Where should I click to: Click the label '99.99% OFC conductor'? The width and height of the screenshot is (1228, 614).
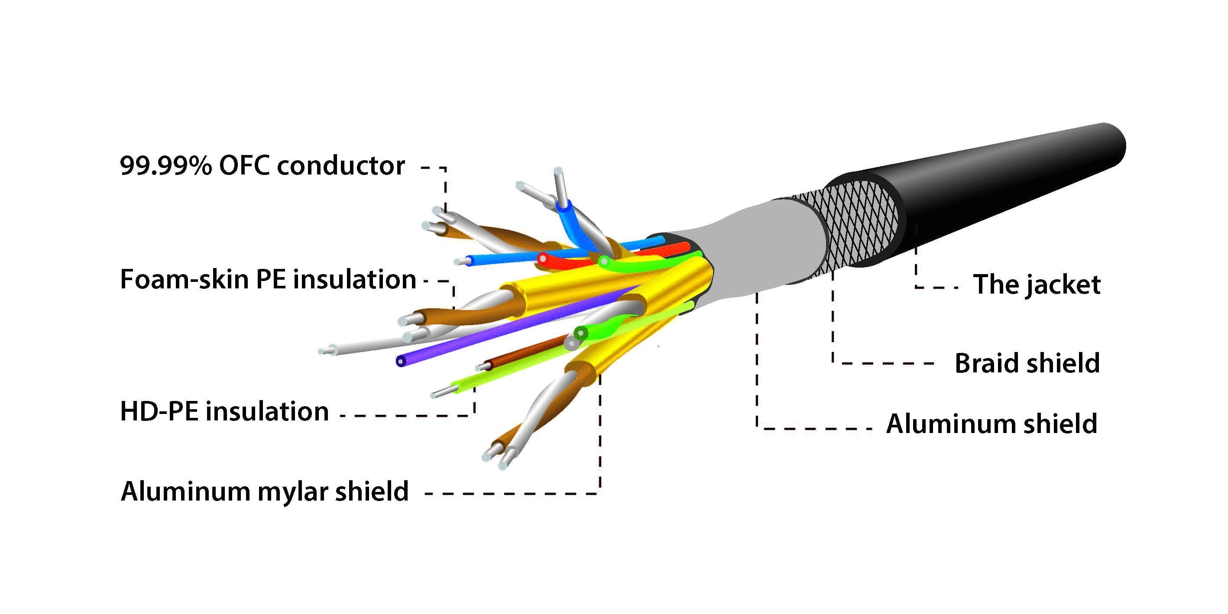pyautogui.click(x=262, y=166)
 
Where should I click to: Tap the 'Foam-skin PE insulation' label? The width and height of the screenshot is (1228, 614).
pyautogui.click(x=268, y=279)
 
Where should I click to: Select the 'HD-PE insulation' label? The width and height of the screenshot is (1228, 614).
pyautogui.click(x=224, y=411)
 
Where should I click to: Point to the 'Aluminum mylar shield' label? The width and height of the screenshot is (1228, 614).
pyautogui.click(x=265, y=491)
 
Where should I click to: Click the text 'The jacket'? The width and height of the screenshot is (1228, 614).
pyautogui.click(x=1037, y=284)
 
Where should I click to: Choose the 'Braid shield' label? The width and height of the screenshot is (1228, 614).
pyautogui.click(x=1027, y=363)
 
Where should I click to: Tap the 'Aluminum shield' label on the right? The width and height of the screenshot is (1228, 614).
pyautogui.click(x=991, y=423)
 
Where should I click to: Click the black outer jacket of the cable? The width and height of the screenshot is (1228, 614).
pyautogui.click(x=1001, y=191)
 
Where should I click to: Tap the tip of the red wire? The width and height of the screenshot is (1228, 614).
pyautogui.click(x=542, y=259)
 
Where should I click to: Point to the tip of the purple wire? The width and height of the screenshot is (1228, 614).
pyautogui.click(x=400, y=361)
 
